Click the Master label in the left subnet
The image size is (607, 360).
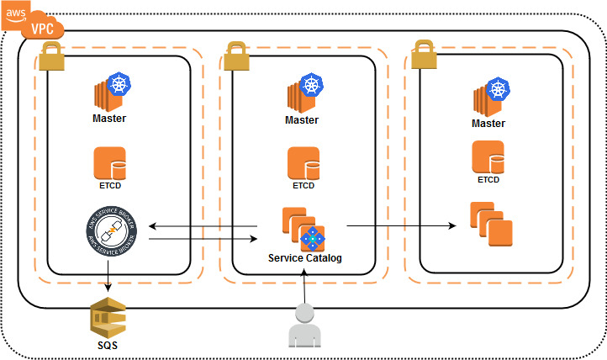pyautogui.click(x=109, y=119)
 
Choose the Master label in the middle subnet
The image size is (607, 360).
pyautogui.click(x=302, y=120)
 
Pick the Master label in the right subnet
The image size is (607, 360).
pyautogui.click(x=488, y=124)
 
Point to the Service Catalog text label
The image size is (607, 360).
pyautogui.click(x=305, y=257)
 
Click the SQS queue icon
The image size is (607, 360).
pyautogui.click(x=107, y=320)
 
